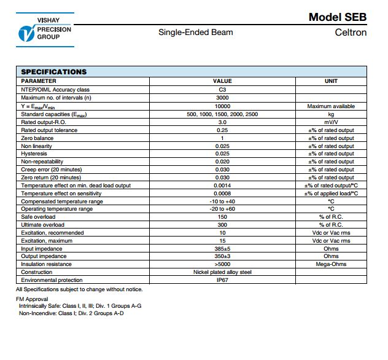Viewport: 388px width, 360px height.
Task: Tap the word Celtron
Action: [x=351, y=32]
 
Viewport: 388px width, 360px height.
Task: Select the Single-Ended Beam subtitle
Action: [x=196, y=32]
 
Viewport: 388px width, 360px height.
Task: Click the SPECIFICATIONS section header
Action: [x=54, y=72]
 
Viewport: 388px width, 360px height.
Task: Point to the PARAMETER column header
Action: [x=39, y=81]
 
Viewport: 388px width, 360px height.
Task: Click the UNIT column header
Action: [x=330, y=81]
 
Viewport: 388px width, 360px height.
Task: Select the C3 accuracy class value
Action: [x=222, y=90]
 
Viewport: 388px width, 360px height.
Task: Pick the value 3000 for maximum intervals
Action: [x=222, y=98]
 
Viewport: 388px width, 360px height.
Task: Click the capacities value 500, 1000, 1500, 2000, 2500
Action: [x=222, y=114]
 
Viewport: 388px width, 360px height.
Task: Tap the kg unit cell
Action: [x=330, y=114]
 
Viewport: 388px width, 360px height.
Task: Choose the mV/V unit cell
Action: [x=330, y=122]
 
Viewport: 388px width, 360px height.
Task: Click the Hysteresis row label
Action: [x=34, y=154]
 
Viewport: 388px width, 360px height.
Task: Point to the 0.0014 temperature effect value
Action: [x=222, y=186]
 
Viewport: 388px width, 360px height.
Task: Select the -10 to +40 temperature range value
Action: [x=222, y=202]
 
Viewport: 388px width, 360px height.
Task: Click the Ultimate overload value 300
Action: [x=222, y=225]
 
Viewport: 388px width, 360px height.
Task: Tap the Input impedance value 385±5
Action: [x=222, y=249]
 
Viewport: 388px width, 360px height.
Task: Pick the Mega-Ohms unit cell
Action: [x=330, y=264]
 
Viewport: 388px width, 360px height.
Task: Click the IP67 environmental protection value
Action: [x=222, y=280]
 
